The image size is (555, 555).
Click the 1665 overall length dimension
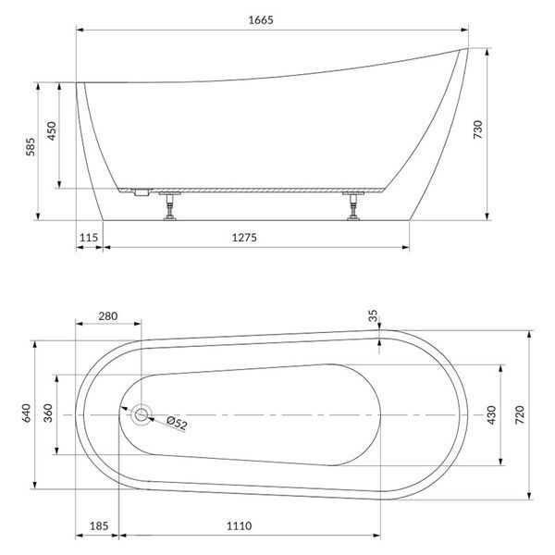point(261,19)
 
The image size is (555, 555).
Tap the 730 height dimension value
point(478,129)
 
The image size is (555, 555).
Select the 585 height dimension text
point(31,146)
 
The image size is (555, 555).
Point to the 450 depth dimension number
point(52,131)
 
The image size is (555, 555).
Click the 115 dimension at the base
point(89,238)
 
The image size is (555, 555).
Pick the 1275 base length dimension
point(244,238)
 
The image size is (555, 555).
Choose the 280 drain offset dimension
point(108,316)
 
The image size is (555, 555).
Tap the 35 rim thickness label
point(373,315)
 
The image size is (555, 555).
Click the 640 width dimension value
point(27,413)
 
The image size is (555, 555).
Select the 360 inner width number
point(48,413)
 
